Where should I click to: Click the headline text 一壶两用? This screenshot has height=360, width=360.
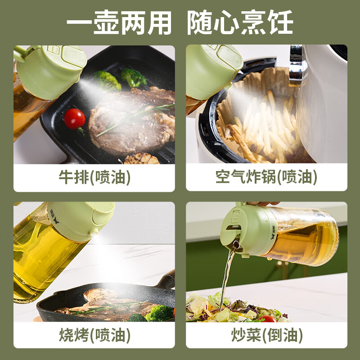(x=119, y=21)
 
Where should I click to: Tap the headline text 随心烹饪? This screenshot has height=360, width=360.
(x=240, y=21)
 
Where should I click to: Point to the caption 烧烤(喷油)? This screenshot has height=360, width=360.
(x=94, y=335)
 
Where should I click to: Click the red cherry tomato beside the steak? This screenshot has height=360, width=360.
(x=75, y=119)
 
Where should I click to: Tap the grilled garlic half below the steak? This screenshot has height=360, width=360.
(x=140, y=158)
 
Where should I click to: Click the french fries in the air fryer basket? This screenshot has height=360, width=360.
(x=265, y=126)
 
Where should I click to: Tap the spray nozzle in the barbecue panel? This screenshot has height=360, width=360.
(x=94, y=232)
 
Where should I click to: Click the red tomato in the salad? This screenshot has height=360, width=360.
(x=268, y=319)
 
